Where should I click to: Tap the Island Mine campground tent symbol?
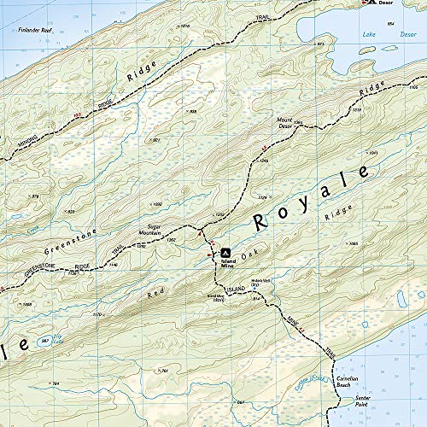coord(225,253)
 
